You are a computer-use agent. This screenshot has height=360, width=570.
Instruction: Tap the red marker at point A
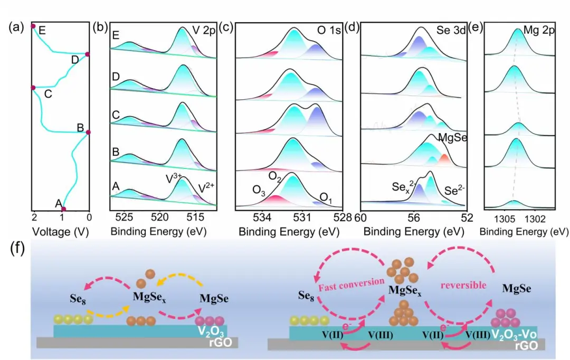point(64,210)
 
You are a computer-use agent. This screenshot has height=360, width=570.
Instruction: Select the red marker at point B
point(88,132)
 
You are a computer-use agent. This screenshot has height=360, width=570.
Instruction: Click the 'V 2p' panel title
point(203,30)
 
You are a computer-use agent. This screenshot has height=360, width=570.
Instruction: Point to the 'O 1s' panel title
point(328,30)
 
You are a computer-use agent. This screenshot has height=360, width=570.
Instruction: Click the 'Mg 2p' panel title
point(539,31)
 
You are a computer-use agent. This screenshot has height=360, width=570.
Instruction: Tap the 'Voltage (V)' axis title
point(59,231)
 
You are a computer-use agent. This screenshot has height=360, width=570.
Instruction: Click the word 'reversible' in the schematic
point(463,285)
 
